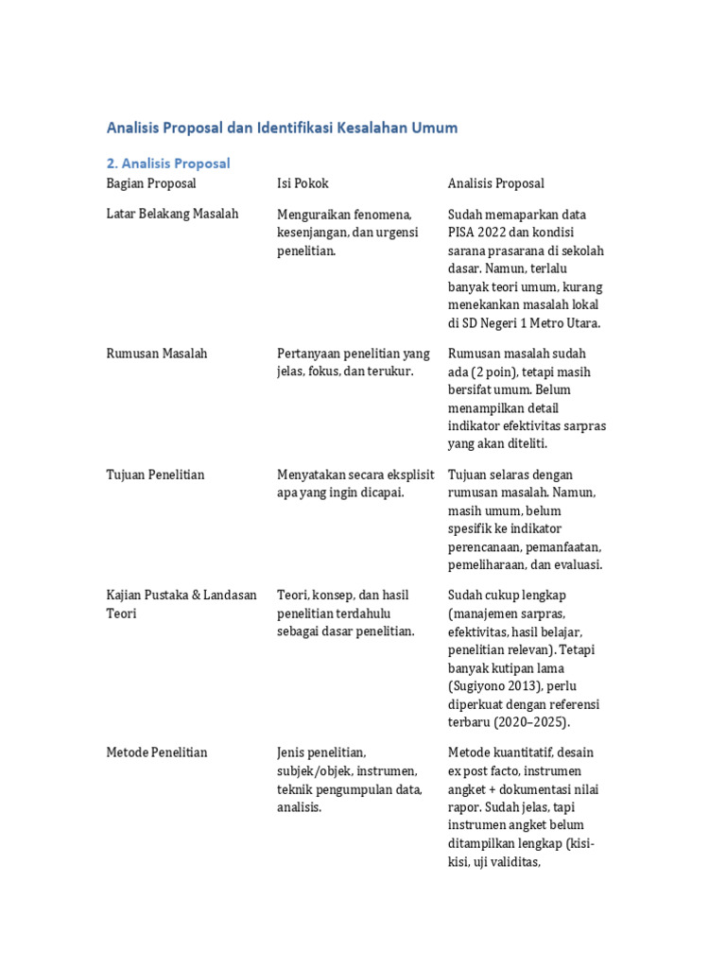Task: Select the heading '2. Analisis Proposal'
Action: click(x=168, y=163)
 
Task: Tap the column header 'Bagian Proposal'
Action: click(x=151, y=183)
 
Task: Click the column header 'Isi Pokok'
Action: click(x=302, y=183)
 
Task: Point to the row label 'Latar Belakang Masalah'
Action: click(x=172, y=215)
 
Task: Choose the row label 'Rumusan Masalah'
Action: click(x=157, y=354)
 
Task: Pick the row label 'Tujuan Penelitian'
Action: click(x=155, y=475)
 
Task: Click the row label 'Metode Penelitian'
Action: click(x=157, y=752)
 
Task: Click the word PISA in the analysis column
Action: click(x=463, y=233)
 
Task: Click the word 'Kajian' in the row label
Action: click(x=126, y=596)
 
